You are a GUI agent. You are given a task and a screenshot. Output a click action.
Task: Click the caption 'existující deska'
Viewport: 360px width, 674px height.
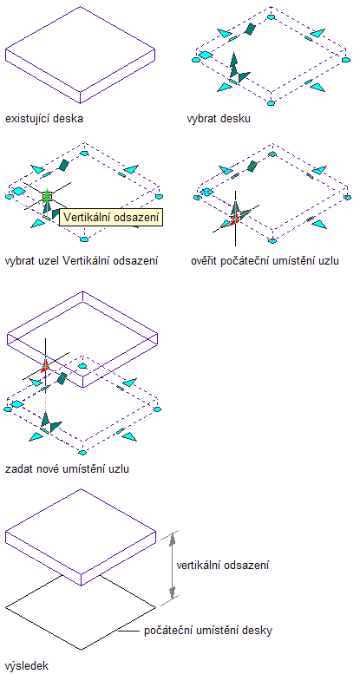(44, 119)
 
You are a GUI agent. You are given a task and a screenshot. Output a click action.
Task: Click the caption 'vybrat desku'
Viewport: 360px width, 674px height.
(219, 119)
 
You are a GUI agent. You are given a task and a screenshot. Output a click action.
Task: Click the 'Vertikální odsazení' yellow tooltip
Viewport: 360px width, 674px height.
(111, 217)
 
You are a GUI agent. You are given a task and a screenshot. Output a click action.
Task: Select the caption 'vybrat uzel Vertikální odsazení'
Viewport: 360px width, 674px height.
(82, 260)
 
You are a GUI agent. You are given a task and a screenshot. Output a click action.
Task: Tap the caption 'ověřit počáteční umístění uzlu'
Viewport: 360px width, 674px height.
(265, 260)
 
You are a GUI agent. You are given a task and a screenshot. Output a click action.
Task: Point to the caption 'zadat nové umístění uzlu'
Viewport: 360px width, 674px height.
(67, 468)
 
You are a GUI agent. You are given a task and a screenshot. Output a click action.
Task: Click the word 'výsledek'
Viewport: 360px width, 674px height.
(27, 666)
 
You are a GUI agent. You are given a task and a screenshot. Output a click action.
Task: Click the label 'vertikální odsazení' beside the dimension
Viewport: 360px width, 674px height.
(223, 565)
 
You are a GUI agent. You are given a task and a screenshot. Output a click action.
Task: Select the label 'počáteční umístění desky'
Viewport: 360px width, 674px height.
(208, 631)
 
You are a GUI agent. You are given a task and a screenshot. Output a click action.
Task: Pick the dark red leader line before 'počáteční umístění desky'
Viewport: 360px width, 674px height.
(129, 631)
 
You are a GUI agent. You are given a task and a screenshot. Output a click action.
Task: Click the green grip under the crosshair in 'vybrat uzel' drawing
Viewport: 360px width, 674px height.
(47, 197)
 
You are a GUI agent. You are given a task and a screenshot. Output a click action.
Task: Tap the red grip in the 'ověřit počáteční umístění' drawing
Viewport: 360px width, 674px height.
(234, 219)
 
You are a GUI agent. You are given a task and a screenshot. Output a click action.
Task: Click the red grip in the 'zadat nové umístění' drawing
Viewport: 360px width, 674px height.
(45, 365)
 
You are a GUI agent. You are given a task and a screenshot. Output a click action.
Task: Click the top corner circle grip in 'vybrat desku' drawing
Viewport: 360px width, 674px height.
(271, 16)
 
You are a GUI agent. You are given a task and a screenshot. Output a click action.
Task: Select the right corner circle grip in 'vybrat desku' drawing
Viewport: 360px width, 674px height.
(346, 60)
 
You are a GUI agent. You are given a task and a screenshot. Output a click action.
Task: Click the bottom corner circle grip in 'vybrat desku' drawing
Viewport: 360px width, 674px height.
(271, 102)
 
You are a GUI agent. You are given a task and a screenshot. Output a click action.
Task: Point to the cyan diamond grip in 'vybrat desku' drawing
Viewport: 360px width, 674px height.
(206, 55)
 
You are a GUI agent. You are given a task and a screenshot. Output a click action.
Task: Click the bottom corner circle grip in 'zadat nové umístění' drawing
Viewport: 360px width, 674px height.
(82, 452)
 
